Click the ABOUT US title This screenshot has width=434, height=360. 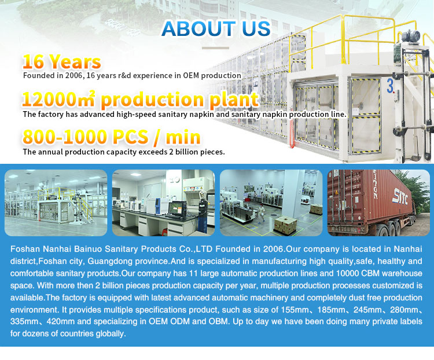(216, 28)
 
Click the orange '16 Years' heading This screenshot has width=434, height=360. (61, 62)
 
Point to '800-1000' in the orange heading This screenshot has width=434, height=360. (62, 137)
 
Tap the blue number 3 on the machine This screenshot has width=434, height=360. (391, 86)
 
